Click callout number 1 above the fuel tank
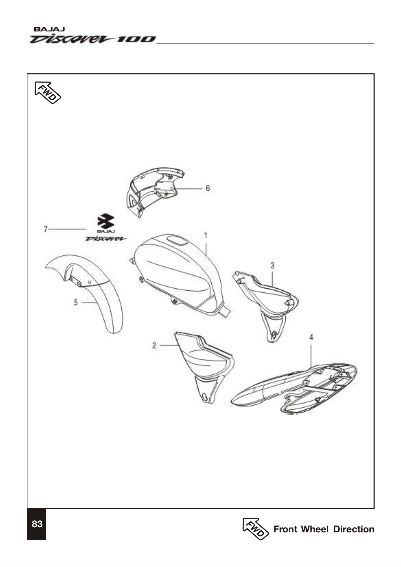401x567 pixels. coord(205,236)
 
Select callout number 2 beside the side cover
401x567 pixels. coord(154,345)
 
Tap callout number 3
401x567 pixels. coord(272,265)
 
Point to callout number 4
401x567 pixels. coord(311,338)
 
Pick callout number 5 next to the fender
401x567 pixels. coord(76,302)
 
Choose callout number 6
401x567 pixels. coord(208,188)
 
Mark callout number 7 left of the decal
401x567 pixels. coord(45,229)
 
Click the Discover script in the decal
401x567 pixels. coord(106,239)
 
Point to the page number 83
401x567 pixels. coord(37,524)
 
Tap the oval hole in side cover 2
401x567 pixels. coord(205,397)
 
